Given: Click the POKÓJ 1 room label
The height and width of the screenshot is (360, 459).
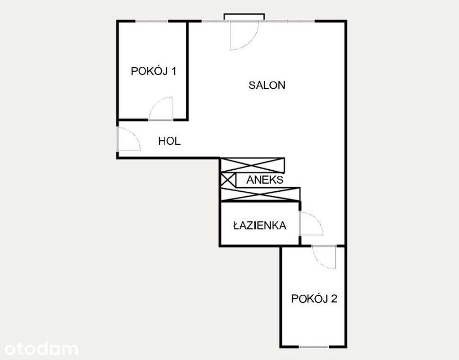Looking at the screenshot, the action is [x=153, y=71].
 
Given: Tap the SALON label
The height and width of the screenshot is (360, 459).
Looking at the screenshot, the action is [x=267, y=85].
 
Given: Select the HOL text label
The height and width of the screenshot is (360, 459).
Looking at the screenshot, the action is [x=169, y=141].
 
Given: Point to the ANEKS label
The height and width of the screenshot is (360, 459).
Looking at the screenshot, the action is [x=264, y=179].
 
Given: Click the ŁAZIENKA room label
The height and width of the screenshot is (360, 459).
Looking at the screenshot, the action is [x=260, y=225].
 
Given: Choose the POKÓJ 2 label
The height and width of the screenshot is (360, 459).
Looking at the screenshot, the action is [x=314, y=298].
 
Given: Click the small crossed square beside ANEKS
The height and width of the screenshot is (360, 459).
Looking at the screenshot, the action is [x=228, y=180].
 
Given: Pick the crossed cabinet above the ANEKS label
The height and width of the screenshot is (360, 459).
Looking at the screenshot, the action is [x=252, y=165].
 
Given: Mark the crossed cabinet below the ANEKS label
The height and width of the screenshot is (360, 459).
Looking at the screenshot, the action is [x=260, y=194].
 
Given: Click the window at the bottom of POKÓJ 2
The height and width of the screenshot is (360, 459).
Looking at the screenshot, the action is [x=314, y=347].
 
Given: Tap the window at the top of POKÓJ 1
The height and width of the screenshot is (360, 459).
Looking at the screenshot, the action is [x=152, y=21].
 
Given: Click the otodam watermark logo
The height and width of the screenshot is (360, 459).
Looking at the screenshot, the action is [x=41, y=349].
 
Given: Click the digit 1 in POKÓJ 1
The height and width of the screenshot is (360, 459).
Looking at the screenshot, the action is [x=173, y=71].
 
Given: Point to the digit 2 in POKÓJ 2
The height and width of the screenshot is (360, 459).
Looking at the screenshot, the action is [x=334, y=298].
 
